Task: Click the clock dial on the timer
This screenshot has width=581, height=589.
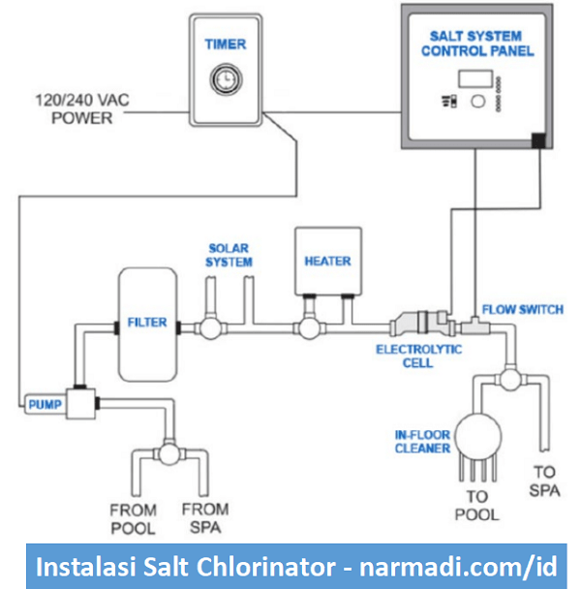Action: tap(224, 78)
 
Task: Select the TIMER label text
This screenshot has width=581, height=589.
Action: tap(225, 45)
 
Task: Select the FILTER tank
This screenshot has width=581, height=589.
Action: tap(147, 323)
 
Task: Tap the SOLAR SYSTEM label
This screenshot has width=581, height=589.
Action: tap(229, 256)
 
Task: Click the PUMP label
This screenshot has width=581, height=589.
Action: tap(44, 403)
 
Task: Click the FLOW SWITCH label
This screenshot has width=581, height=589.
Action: tap(523, 310)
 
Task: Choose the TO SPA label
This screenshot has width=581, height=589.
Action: tap(544, 480)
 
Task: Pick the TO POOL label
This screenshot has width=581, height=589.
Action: tap(477, 505)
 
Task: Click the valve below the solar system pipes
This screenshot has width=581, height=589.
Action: tap(208, 328)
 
